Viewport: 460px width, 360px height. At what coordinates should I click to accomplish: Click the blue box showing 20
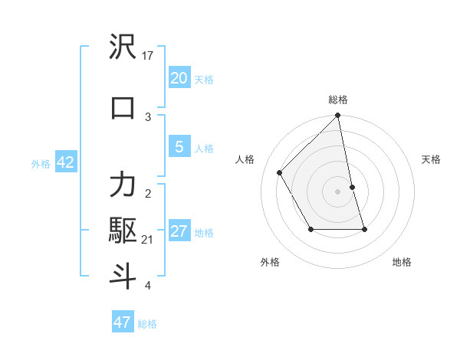point(179,78)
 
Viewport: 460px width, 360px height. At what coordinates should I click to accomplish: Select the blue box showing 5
point(179,147)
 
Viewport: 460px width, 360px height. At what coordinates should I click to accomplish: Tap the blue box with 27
point(179,231)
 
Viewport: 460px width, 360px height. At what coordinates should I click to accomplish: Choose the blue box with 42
point(65,162)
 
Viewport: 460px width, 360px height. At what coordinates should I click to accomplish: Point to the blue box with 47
point(123,322)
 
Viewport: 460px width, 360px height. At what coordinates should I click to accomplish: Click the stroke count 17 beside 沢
point(148,56)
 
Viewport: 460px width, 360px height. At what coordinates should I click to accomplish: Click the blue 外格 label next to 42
point(41,163)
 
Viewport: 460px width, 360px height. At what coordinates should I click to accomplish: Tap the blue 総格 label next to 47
point(147,324)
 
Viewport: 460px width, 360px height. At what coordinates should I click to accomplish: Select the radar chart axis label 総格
point(338,100)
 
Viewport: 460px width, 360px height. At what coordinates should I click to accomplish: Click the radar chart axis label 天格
point(431,159)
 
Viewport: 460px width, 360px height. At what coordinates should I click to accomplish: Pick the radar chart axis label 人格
point(245,159)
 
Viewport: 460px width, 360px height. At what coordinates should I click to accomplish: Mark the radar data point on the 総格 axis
point(338,116)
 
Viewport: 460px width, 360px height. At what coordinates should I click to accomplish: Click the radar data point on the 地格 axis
point(364,229)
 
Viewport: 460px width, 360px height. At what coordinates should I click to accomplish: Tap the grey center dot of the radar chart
point(338,191)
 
